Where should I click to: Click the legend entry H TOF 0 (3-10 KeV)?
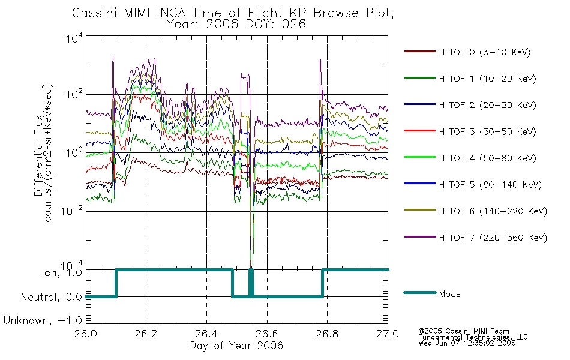click(485, 52)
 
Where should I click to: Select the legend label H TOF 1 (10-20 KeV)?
click(487, 79)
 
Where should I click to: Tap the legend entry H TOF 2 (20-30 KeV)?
click(487, 105)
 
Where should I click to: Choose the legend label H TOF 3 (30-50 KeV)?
click(487, 131)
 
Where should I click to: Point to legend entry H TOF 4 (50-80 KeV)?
click(487, 158)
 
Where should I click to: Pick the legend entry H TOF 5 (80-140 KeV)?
click(490, 185)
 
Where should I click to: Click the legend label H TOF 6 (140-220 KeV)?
click(493, 211)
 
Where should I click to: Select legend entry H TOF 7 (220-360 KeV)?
click(493, 238)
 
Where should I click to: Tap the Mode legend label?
click(449, 294)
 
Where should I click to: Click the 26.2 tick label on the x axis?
click(146, 334)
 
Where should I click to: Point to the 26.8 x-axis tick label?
click(327, 334)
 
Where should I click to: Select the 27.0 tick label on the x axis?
click(388, 334)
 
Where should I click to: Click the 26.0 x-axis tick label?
click(86, 334)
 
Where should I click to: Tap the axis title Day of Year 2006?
click(236, 346)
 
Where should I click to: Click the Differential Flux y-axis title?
click(38, 155)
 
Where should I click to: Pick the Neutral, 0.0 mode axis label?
click(51, 297)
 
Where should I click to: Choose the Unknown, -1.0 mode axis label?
click(43, 320)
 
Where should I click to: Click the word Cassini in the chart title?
click(95, 13)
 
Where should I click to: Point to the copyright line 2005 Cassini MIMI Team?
click(463, 331)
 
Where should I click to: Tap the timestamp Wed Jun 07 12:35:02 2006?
click(467, 343)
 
